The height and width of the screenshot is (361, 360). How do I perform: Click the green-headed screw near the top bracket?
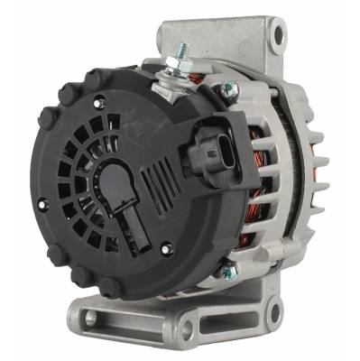click(228, 88)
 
